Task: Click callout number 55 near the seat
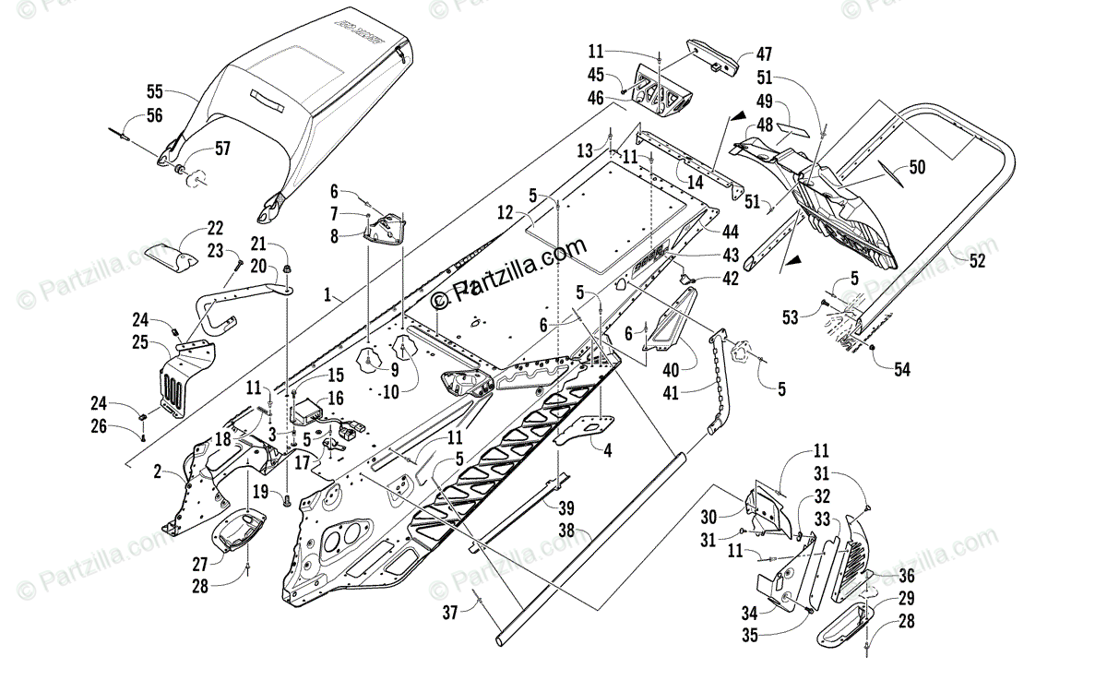click(x=154, y=91)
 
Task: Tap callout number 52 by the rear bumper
click(x=977, y=261)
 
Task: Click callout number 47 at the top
click(x=764, y=54)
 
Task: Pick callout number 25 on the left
click(x=141, y=342)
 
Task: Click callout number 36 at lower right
click(x=906, y=576)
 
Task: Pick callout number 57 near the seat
click(x=222, y=149)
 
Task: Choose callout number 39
click(x=565, y=507)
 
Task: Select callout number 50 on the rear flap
click(x=916, y=167)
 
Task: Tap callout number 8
click(x=335, y=235)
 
